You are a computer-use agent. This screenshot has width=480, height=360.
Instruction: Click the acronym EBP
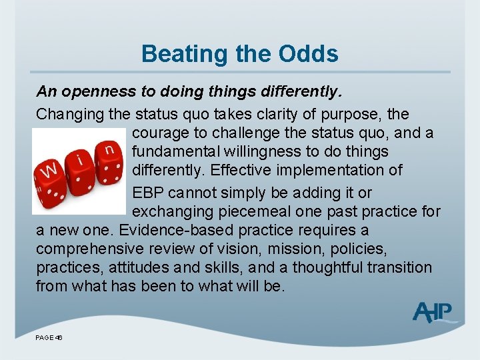pos(148,193)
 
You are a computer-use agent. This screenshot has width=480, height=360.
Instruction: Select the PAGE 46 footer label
pos(49,338)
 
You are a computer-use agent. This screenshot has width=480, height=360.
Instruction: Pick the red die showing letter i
pos(81,165)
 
